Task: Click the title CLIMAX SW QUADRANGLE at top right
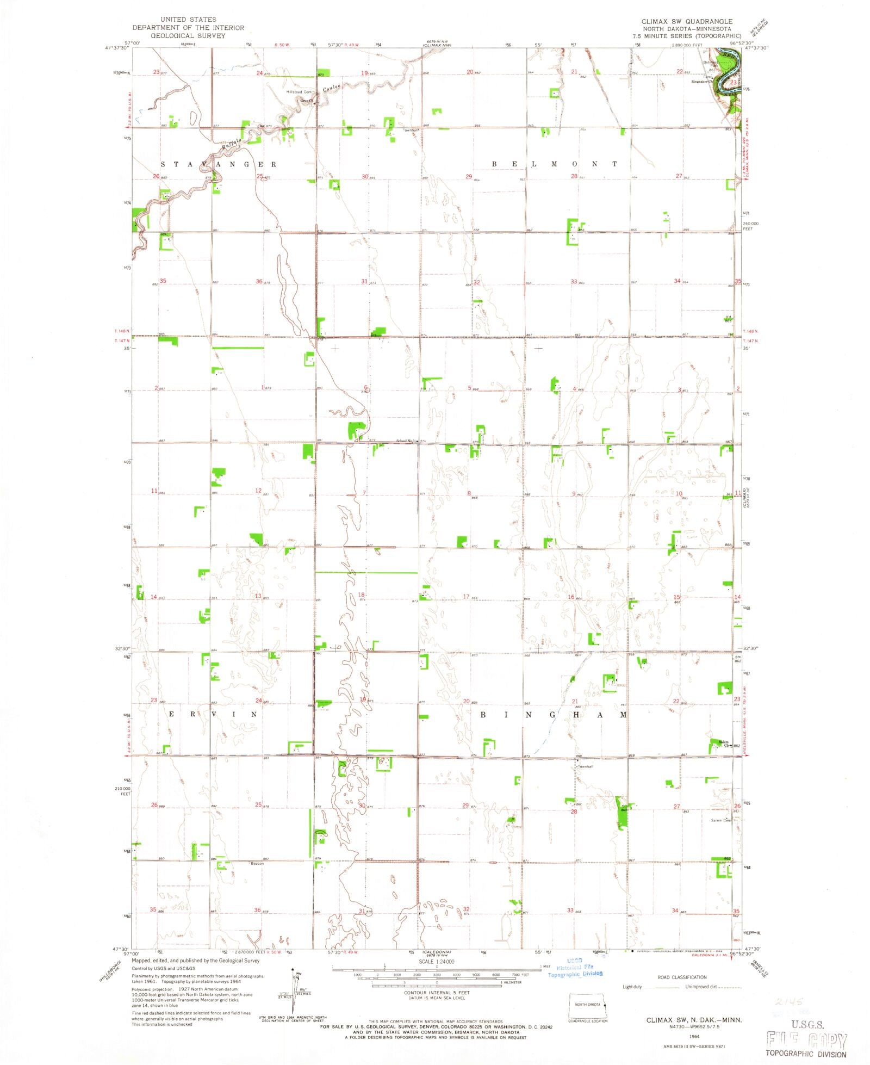(x=687, y=21)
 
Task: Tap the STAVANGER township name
(x=219, y=164)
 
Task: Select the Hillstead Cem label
(x=299, y=92)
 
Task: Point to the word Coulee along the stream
(x=332, y=88)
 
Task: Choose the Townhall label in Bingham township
(x=585, y=766)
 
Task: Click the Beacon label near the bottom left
(x=257, y=863)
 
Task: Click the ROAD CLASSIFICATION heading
(x=682, y=977)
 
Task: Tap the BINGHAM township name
(x=553, y=715)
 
